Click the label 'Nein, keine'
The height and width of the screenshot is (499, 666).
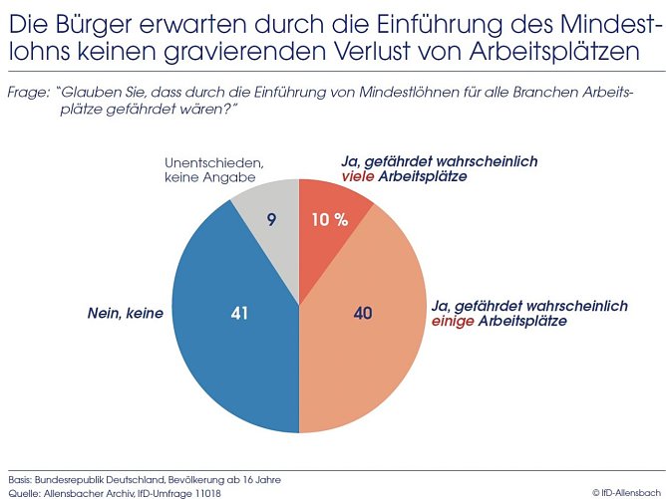125,313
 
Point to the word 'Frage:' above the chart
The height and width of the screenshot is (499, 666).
28,92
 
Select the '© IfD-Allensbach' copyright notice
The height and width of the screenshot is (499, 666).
625,492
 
